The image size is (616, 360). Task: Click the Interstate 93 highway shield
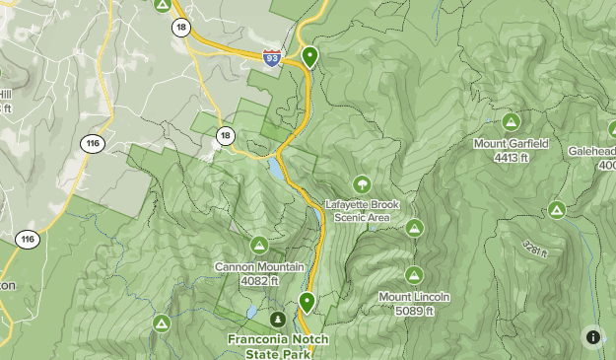pos(270,59)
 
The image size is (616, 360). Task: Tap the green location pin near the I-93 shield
pos(310,57)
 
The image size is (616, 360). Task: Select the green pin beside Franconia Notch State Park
pos(307,302)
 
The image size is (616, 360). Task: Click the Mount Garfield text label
pos(510,143)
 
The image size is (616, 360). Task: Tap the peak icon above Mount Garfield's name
pos(511,122)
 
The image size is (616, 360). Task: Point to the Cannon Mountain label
pos(258,266)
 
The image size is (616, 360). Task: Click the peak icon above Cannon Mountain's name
pos(259,245)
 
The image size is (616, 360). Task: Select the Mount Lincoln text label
pos(414,297)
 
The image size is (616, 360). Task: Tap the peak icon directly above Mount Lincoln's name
pos(414,275)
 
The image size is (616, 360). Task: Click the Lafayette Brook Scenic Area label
pos(364,210)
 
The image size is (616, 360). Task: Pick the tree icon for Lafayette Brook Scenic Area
pos(363,184)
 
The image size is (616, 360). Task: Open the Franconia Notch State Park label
pos(278,345)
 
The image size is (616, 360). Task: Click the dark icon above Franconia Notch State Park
pos(278,320)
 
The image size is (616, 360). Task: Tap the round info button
pos(593,336)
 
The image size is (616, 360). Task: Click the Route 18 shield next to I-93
pos(179,28)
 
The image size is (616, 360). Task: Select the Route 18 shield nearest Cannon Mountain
pos(226,135)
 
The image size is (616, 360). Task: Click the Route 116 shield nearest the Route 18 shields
pos(94,143)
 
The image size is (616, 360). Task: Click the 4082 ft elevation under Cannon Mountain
pos(258,279)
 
